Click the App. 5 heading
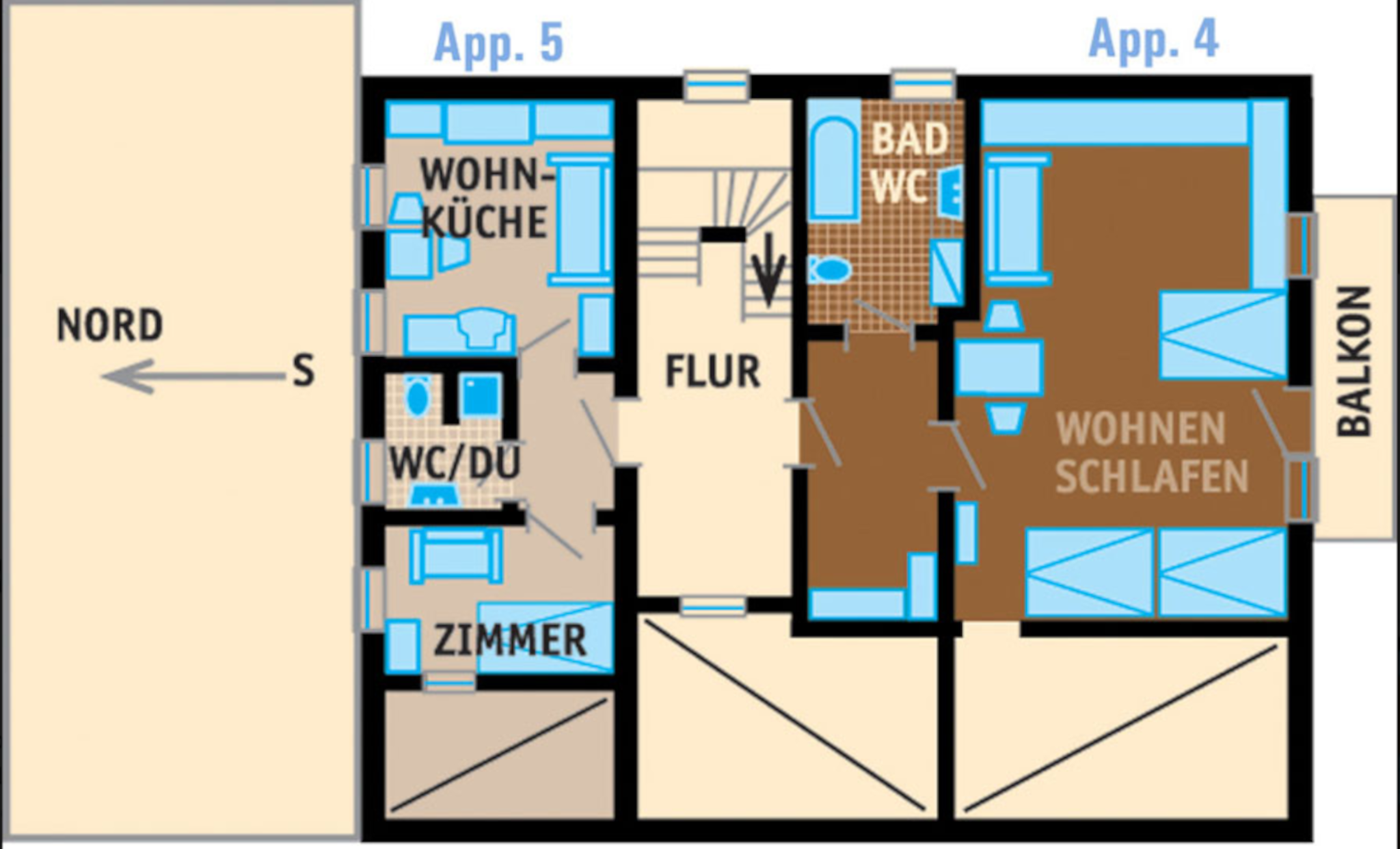coord(499,43)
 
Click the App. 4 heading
coord(1153,39)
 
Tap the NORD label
coord(109,325)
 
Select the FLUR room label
coord(713,371)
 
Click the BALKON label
coord(1354,361)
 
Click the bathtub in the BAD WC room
coord(833,168)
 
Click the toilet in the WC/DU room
coord(417,398)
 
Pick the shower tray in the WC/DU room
coord(480,395)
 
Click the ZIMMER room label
coord(511,640)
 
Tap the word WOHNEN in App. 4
coord(1141,428)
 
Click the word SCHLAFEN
coord(1152,475)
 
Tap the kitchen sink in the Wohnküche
coord(486,327)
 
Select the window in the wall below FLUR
coord(713,606)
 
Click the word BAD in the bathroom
coord(910,139)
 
